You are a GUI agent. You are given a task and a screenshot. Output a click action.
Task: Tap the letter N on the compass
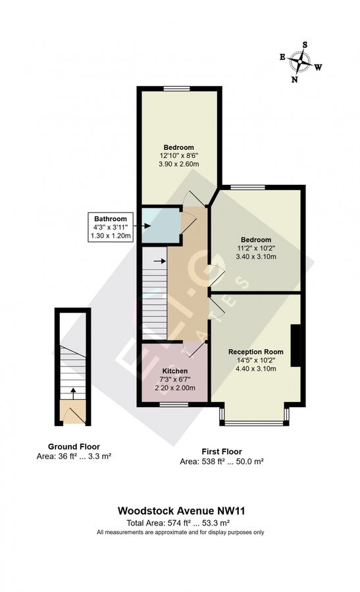[x=295, y=80]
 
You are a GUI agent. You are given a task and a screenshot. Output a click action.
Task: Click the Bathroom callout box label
[x=110, y=218]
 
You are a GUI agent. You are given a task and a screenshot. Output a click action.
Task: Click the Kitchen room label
[x=174, y=371]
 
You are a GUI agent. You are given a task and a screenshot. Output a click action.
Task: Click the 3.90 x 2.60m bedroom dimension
[x=178, y=164]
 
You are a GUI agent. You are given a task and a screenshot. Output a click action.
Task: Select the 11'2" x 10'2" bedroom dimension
[x=256, y=249]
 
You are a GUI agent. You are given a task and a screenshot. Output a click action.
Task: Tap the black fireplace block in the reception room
[x=297, y=345]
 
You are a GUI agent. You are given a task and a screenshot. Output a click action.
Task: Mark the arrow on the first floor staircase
[x=159, y=260]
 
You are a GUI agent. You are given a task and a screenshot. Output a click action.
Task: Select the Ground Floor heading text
[x=74, y=446]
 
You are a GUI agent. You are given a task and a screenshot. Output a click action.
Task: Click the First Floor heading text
[x=221, y=451]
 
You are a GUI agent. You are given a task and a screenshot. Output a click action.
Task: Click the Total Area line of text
[x=180, y=522]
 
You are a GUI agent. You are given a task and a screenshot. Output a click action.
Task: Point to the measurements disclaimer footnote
[x=180, y=531]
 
